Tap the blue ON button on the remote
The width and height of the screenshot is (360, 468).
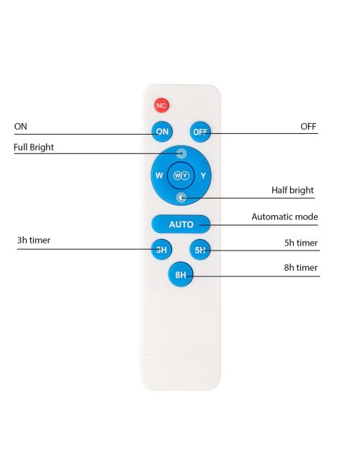[x=162, y=131]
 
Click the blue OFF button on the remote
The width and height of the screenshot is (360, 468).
[x=200, y=132]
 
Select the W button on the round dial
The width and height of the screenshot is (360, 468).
[x=159, y=176]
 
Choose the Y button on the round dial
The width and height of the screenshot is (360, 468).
[x=203, y=176]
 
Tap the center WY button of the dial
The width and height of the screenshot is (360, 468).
[x=181, y=176]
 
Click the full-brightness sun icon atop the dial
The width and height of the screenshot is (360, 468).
[x=181, y=153]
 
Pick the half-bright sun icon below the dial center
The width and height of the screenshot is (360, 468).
[x=181, y=197]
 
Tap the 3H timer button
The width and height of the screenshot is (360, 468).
[x=161, y=249]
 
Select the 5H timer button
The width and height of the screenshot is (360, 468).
[x=200, y=250]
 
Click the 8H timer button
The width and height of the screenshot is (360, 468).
[x=181, y=274]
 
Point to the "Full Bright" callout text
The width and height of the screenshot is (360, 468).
[x=34, y=147]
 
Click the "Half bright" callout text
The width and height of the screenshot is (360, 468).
[x=292, y=190]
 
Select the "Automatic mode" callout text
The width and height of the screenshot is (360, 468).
[x=285, y=217]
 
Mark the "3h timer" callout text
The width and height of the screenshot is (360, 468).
[x=34, y=240]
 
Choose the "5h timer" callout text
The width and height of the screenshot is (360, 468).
[x=301, y=243]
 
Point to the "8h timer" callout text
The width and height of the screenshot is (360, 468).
[x=301, y=267]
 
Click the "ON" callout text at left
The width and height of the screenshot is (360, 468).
[x=21, y=126]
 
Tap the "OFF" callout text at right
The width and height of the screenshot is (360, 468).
[x=308, y=126]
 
